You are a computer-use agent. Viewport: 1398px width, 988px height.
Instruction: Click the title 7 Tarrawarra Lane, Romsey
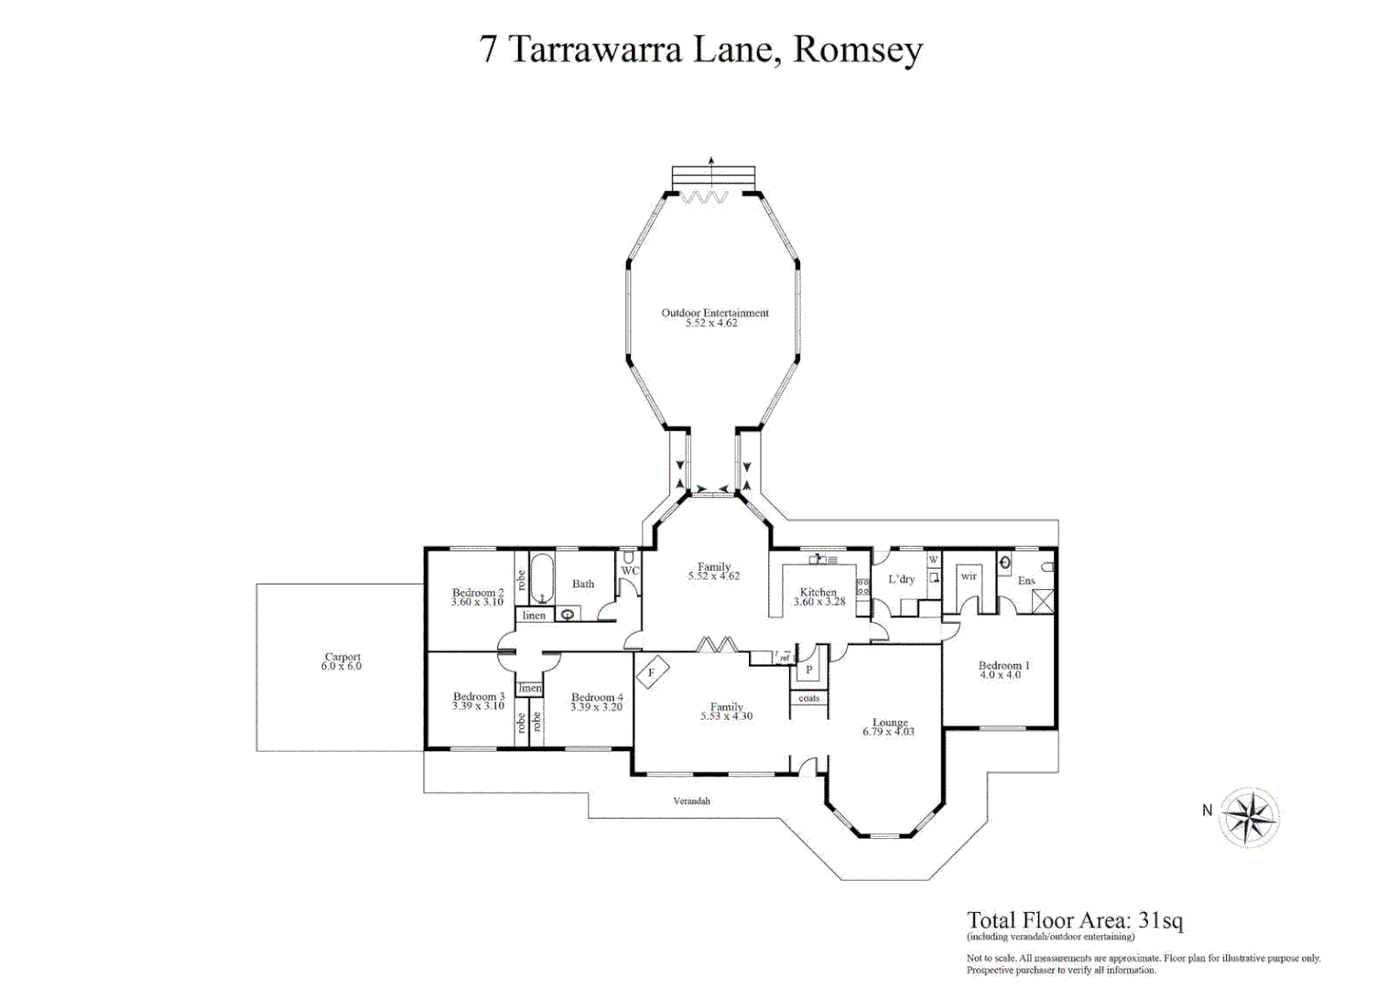700,49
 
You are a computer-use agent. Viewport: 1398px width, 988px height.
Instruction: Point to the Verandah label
691,801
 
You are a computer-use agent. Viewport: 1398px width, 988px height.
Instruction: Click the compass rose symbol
1249,816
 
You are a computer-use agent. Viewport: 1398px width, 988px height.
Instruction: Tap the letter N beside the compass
1207,811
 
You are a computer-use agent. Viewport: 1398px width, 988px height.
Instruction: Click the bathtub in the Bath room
542,577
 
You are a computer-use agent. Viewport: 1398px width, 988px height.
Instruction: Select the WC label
630,571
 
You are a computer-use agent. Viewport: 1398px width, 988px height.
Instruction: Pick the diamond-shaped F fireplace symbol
652,673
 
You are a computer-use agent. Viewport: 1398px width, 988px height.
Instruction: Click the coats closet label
809,698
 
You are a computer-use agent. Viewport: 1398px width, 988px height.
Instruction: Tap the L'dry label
901,579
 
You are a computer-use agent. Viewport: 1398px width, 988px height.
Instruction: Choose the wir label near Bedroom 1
969,576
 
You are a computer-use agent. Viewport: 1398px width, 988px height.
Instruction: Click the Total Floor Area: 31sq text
1075,920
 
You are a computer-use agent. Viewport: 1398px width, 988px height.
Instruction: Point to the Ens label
1026,581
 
